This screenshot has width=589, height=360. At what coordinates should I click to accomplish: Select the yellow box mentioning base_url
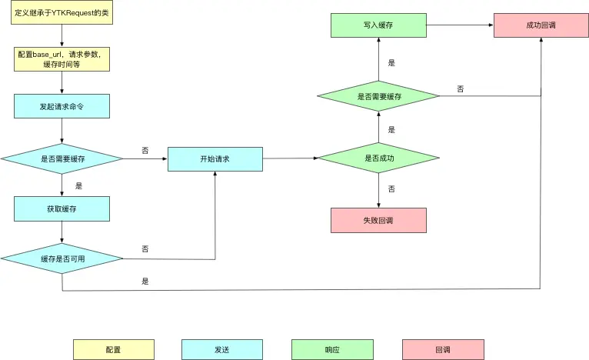pyautogui.click(x=62, y=58)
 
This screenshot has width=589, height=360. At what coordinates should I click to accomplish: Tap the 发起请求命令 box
pyautogui.click(x=62, y=106)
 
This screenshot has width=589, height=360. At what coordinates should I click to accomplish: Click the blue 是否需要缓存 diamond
pyautogui.click(x=62, y=158)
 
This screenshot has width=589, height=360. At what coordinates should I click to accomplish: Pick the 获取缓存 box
pyautogui.click(x=62, y=208)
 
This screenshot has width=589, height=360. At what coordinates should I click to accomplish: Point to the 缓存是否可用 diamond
pyautogui.click(x=62, y=258)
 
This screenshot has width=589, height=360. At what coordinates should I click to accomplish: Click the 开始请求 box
pyautogui.click(x=215, y=158)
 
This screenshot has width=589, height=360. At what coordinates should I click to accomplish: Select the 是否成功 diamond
pyautogui.click(x=379, y=158)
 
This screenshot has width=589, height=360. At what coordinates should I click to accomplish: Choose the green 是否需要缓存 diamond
pyautogui.click(x=379, y=96)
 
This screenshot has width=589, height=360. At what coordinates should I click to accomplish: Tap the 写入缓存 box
pyautogui.click(x=379, y=25)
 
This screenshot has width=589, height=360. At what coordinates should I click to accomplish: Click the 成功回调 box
pyautogui.click(x=541, y=25)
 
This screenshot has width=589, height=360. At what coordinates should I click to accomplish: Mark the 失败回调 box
pyautogui.click(x=378, y=220)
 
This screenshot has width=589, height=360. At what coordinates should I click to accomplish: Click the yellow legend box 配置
pyautogui.click(x=113, y=349)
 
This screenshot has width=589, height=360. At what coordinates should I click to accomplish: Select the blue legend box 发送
pyautogui.click(x=222, y=349)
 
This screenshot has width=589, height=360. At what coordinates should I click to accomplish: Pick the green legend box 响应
pyautogui.click(x=332, y=349)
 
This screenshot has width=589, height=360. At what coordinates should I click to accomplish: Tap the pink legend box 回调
pyautogui.click(x=443, y=349)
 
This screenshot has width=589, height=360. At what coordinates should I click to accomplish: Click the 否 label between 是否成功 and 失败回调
pyautogui.click(x=391, y=188)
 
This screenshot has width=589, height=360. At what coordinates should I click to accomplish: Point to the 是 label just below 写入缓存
pyautogui.click(x=391, y=63)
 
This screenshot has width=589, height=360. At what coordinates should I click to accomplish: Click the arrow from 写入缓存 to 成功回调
pyautogui.click(x=460, y=25)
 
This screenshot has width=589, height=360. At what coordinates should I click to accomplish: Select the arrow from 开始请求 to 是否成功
pyautogui.click(x=290, y=158)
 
